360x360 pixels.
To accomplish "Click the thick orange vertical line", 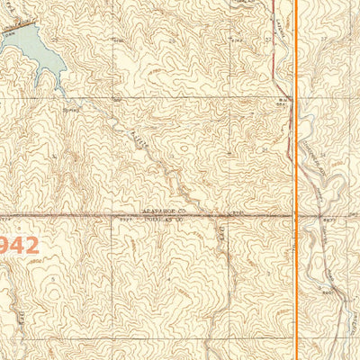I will (297, 180).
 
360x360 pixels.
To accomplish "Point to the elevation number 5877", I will (329, 219).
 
